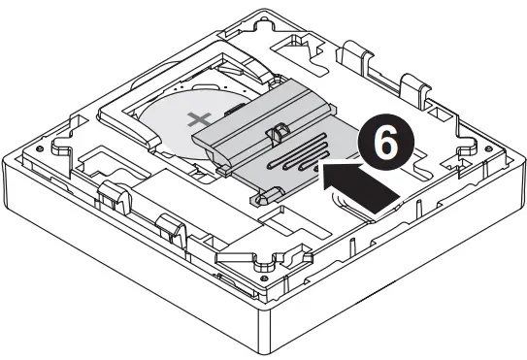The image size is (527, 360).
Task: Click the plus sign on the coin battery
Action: click(201, 121)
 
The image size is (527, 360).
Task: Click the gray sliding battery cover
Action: click(281, 146)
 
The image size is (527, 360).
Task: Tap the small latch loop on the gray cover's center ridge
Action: click(279, 128)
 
